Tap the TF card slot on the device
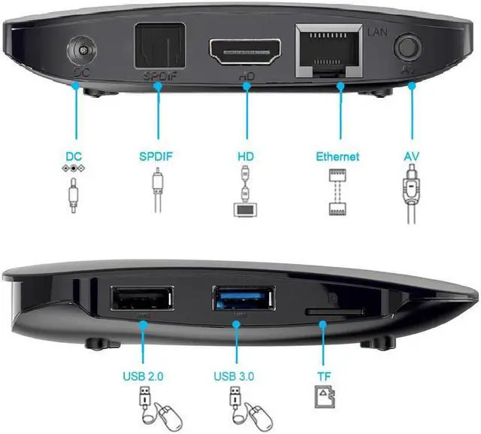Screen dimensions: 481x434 click(x=332, y=309)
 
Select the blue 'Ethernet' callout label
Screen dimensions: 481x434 click(x=337, y=157)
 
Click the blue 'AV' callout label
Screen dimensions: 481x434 click(x=412, y=157)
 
